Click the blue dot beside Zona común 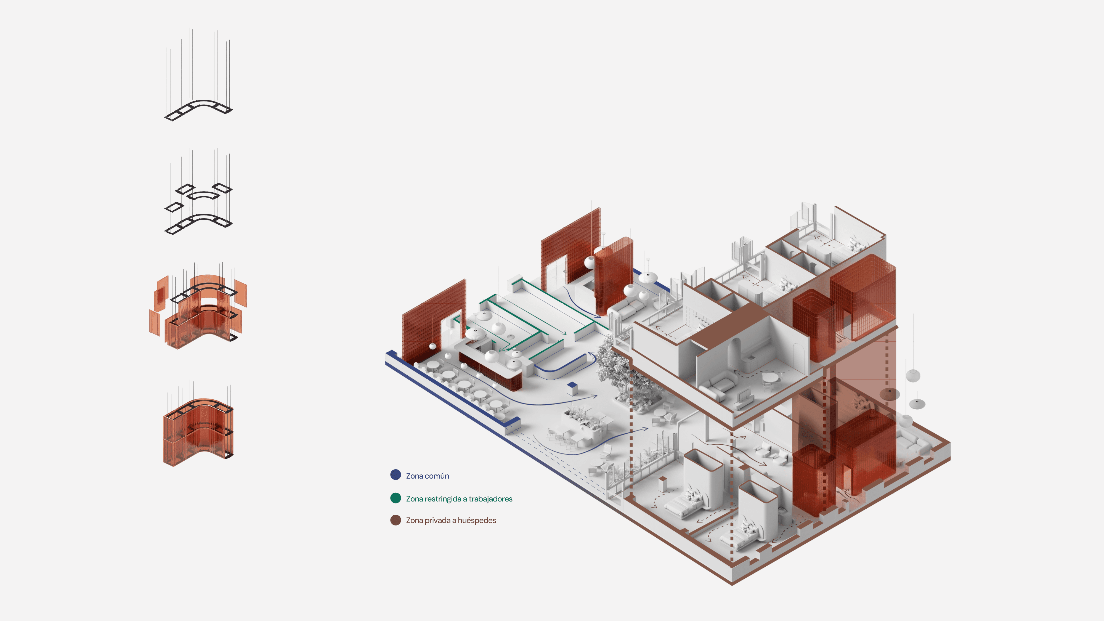tap(395, 474)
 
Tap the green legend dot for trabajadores tap(395, 498)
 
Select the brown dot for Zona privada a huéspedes tap(395, 520)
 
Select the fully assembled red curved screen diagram tap(198, 431)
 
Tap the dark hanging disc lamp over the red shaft tap(889, 393)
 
